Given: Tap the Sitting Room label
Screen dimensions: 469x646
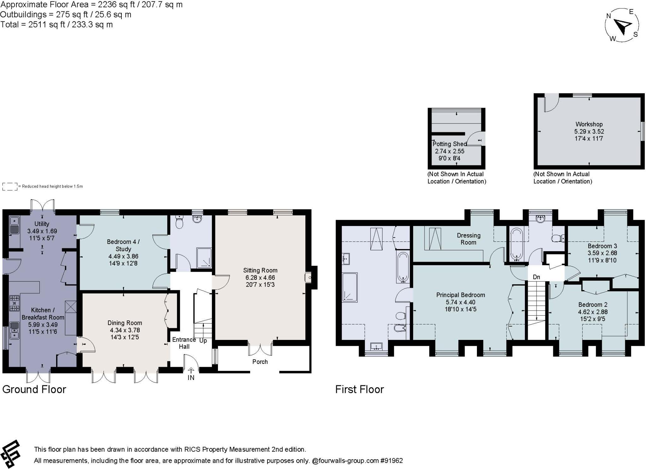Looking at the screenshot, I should point(260,270).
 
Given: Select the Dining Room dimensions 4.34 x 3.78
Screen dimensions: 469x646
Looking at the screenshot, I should point(125,330).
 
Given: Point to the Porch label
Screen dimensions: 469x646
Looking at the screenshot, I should point(260,362).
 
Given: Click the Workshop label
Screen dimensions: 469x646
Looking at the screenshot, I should point(589,124).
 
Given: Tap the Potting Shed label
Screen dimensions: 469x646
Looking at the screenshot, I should point(449,144).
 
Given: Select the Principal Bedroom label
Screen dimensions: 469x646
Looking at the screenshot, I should point(460,295).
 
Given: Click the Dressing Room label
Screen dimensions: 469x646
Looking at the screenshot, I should point(468,239).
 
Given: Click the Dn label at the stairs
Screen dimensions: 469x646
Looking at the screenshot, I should point(536,277).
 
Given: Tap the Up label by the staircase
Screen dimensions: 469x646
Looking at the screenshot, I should point(203,341).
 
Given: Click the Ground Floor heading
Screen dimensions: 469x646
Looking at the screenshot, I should point(34,389).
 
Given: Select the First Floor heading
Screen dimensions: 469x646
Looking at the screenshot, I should point(359,389).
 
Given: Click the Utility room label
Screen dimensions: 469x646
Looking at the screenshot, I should point(42,224).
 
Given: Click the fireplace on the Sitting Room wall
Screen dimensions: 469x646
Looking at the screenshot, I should point(308,278).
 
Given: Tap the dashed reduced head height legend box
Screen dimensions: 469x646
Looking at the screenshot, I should point(10,187).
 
